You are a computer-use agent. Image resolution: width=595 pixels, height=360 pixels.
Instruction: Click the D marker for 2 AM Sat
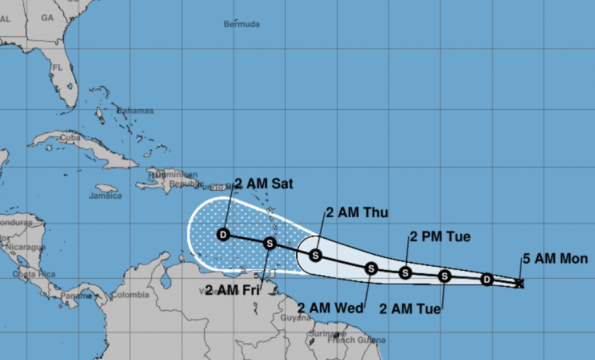coord(223,234)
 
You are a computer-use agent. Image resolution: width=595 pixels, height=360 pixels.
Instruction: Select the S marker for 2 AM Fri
coord(270,243)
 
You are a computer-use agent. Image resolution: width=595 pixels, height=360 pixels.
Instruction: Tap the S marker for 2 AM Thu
coord(316,255)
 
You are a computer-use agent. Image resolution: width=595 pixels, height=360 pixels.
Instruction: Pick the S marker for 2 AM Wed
coord(371,268)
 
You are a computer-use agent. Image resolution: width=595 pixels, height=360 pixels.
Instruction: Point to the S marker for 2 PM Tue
coord(405,272)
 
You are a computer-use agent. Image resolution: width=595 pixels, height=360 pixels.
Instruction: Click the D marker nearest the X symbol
coord(487,279)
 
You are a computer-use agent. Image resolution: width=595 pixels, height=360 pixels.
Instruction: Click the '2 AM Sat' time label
coord(264,183)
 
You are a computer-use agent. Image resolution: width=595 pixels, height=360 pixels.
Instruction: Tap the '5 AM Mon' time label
coord(554,259)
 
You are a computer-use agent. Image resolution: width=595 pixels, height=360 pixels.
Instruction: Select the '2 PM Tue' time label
coord(440,237)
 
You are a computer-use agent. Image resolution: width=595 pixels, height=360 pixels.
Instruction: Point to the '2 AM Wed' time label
coord(330,308)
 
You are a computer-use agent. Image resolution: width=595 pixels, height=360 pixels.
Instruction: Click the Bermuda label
coord(241,24)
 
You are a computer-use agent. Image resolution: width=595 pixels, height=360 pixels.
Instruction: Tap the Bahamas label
coord(135,110)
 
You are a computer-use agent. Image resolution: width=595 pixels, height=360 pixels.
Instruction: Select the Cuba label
coord(70,138)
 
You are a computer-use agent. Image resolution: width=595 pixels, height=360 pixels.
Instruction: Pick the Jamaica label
coord(105,196)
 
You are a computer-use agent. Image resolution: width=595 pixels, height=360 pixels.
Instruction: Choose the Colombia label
coord(130,295)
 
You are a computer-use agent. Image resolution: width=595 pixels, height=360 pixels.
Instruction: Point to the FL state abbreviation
coord(57,67)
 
